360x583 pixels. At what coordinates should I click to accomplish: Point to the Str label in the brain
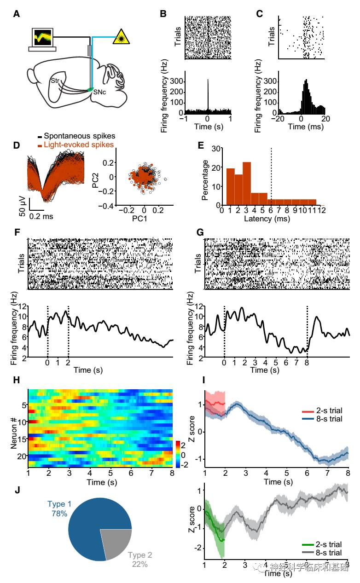[x=56, y=81]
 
